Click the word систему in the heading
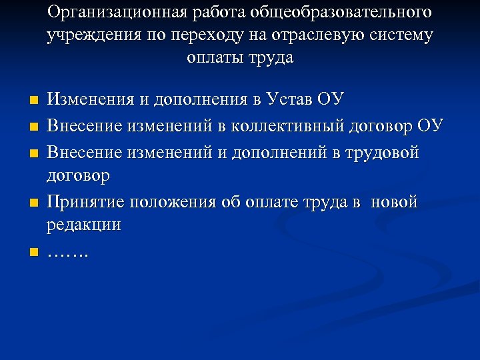401,35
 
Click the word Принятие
87,202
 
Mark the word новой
396,202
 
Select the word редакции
84,225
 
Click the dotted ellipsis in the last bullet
69,254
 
